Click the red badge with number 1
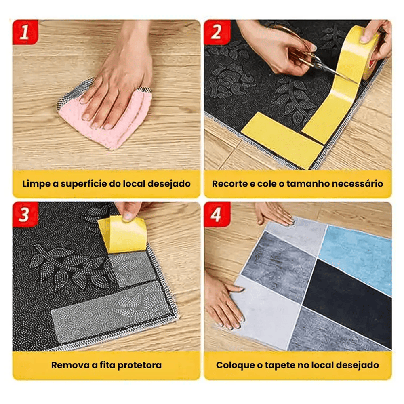25,32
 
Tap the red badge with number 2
217,32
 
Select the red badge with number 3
25,214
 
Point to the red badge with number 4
217,214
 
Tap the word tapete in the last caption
280,365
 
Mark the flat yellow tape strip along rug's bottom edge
282,141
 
